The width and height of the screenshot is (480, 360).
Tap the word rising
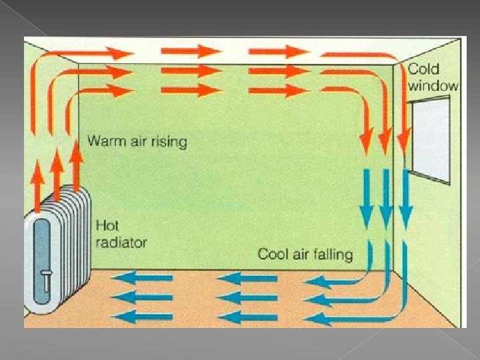pyautogui.click(x=169, y=142)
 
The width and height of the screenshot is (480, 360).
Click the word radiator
pyautogui.click(x=121, y=242)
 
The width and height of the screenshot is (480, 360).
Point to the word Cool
pyautogui.click(x=273, y=254)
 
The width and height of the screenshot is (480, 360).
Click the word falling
pyautogui.click(x=331, y=254)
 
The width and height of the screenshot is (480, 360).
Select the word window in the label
pyautogui.click(x=433, y=85)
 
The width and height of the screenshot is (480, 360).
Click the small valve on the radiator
pyautogui.click(x=45, y=279)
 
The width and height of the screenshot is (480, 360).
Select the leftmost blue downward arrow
pyautogui.click(x=365, y=200)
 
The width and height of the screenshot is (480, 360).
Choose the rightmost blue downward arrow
pyautogui.click(x=405, y=200)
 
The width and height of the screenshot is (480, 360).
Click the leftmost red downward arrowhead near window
pyautogui.click(x=365, y=143)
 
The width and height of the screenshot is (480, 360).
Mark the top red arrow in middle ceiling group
pyautogui.click(x=191, y=51)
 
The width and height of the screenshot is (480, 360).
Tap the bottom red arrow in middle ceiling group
pyautogui.click(x=191, y=89)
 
